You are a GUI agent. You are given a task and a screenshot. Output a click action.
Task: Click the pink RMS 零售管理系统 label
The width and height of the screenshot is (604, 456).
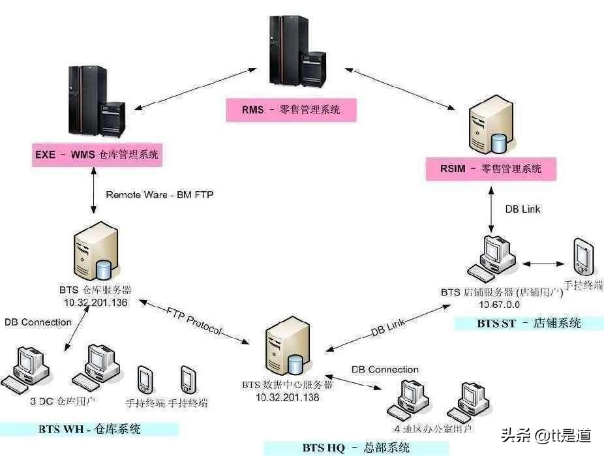point(291,110)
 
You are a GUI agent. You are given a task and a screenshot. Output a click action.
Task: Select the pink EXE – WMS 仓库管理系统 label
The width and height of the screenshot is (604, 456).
point(97,155)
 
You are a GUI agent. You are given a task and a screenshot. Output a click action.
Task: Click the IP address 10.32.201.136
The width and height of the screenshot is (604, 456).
point(95,303)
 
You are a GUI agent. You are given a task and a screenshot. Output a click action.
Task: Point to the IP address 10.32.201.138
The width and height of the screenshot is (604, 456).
point(288,397)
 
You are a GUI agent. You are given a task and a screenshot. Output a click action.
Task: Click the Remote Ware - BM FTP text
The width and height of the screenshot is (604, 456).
point(160,194)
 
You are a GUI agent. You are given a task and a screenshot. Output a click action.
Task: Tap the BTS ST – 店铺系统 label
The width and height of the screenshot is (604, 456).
point(528,323)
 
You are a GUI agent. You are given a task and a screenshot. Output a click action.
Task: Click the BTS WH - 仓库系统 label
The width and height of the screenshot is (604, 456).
point(89,429)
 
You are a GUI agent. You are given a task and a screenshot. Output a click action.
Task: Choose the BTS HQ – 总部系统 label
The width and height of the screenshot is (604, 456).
point(356,448)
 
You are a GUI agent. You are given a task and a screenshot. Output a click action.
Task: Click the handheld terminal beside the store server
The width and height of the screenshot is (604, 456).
point(583,258)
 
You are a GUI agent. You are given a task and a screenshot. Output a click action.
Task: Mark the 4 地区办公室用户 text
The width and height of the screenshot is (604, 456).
point(433,429)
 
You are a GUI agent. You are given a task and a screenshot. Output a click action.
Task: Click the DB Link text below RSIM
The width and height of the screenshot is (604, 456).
point(523,209)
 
